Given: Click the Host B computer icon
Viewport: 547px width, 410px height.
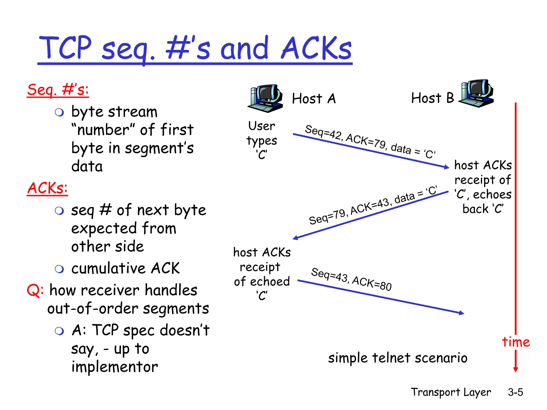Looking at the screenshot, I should click(x=476, y=93).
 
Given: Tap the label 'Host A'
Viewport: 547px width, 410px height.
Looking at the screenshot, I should click(x=314, y=98).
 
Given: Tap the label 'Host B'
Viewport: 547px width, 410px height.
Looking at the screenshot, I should click(x=432, y=98).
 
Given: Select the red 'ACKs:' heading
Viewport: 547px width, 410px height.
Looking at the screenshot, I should click(x=47, y=188).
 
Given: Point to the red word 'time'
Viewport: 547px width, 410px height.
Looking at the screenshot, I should click(x=516, y=342).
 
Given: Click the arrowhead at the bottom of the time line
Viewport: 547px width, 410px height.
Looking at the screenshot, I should click(x=516, y=370).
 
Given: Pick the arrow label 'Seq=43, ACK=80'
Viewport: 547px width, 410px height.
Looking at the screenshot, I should click(x=351, y=279).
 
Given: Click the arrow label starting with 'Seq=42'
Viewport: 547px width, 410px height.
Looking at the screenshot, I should click(x=370, y=141).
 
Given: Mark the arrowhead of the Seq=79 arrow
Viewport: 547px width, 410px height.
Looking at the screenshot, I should click(x=295, y=238).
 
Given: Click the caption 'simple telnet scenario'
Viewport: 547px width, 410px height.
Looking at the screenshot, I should click(x=398, y=358).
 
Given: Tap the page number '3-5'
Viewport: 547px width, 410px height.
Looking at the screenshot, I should click(x=515, y=392).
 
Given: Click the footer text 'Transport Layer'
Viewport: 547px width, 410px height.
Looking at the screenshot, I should click(x=451, y=392).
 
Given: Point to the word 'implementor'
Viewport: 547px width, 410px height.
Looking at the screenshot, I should click(x=115, y=367).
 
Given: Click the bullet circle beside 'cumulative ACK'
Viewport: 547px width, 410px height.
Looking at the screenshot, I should click(x=59, y=269).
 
